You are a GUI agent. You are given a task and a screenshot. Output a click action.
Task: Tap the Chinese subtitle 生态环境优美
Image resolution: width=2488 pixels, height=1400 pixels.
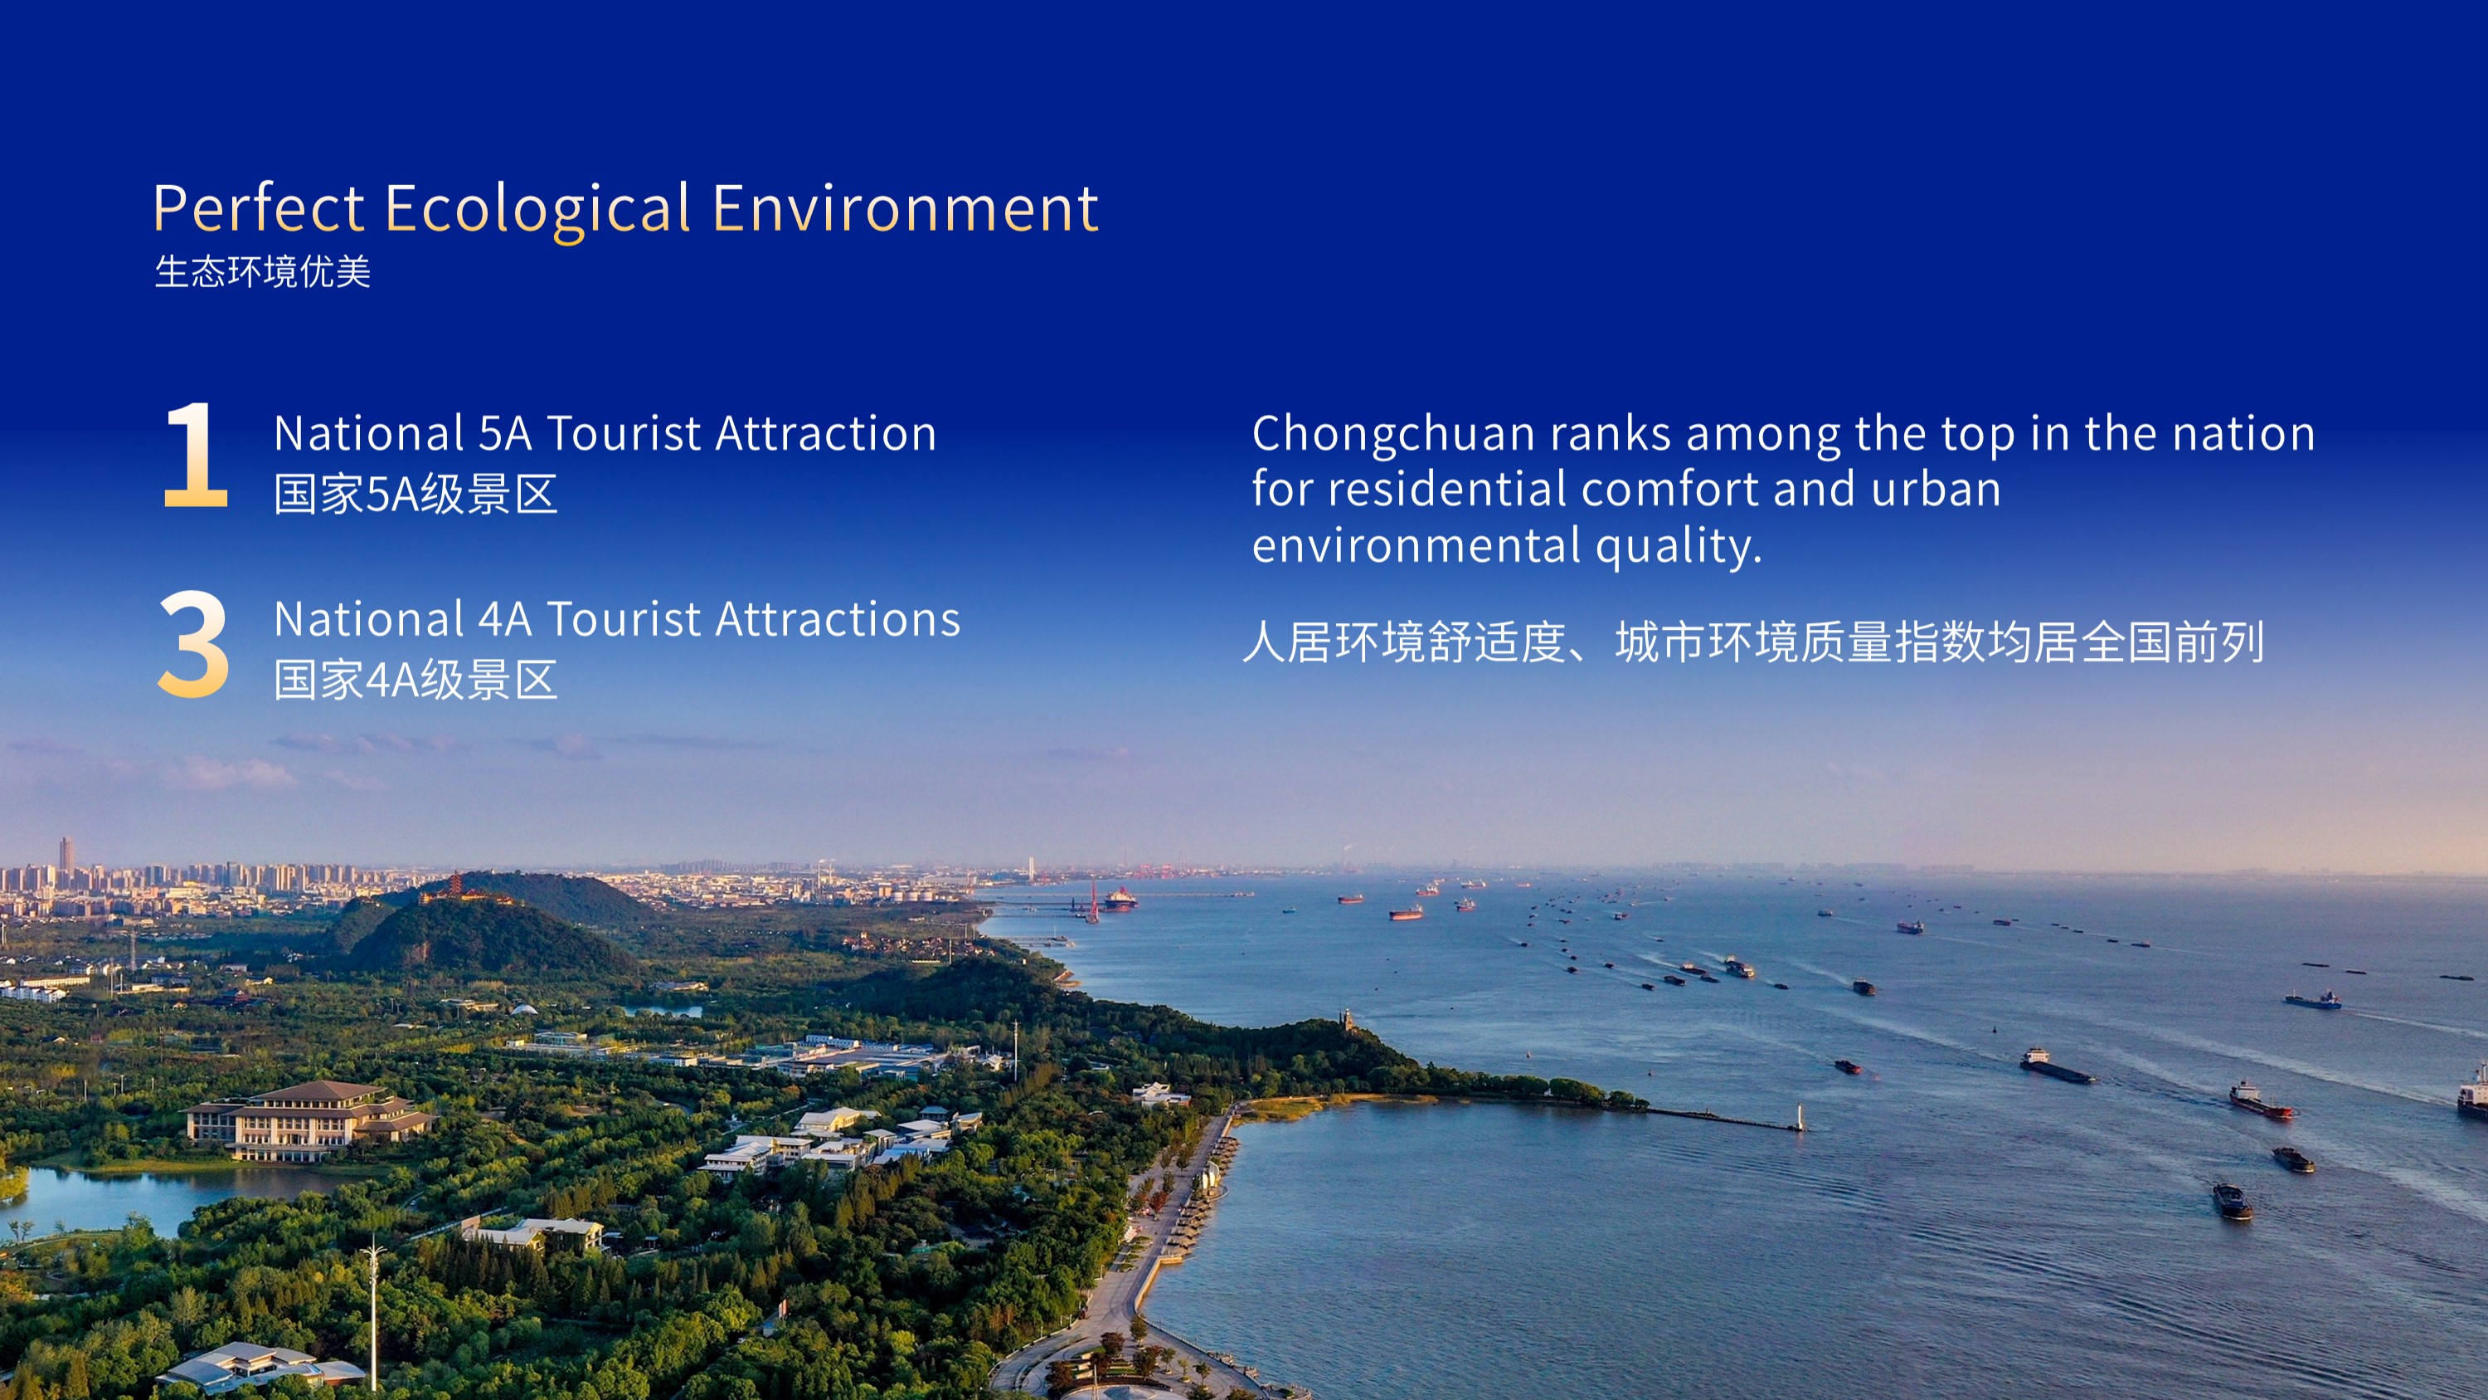[263, 271]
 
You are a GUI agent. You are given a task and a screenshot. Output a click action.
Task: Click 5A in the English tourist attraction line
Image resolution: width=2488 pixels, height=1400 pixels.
[505, 434]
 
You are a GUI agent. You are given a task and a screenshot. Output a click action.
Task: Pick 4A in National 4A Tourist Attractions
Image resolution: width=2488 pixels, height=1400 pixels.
[505, 619]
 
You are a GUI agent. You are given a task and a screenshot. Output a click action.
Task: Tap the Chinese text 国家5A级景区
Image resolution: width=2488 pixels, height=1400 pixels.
[416, 495]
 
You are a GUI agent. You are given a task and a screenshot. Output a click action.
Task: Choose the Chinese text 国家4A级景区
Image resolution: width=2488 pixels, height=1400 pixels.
[416, 680]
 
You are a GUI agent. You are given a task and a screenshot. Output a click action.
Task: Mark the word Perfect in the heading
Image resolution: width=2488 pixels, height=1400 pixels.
[259, 208]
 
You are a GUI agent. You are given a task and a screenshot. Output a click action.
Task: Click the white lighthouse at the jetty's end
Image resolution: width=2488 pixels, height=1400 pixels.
[1797, 1117]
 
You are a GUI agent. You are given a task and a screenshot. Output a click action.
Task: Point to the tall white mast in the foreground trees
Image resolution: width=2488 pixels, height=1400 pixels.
[373, 1314]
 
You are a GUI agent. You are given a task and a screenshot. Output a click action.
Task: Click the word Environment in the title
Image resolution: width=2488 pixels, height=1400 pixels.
[905, 208]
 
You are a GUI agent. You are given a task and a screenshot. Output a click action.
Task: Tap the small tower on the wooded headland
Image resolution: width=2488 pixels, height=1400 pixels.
[1345, 1018]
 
